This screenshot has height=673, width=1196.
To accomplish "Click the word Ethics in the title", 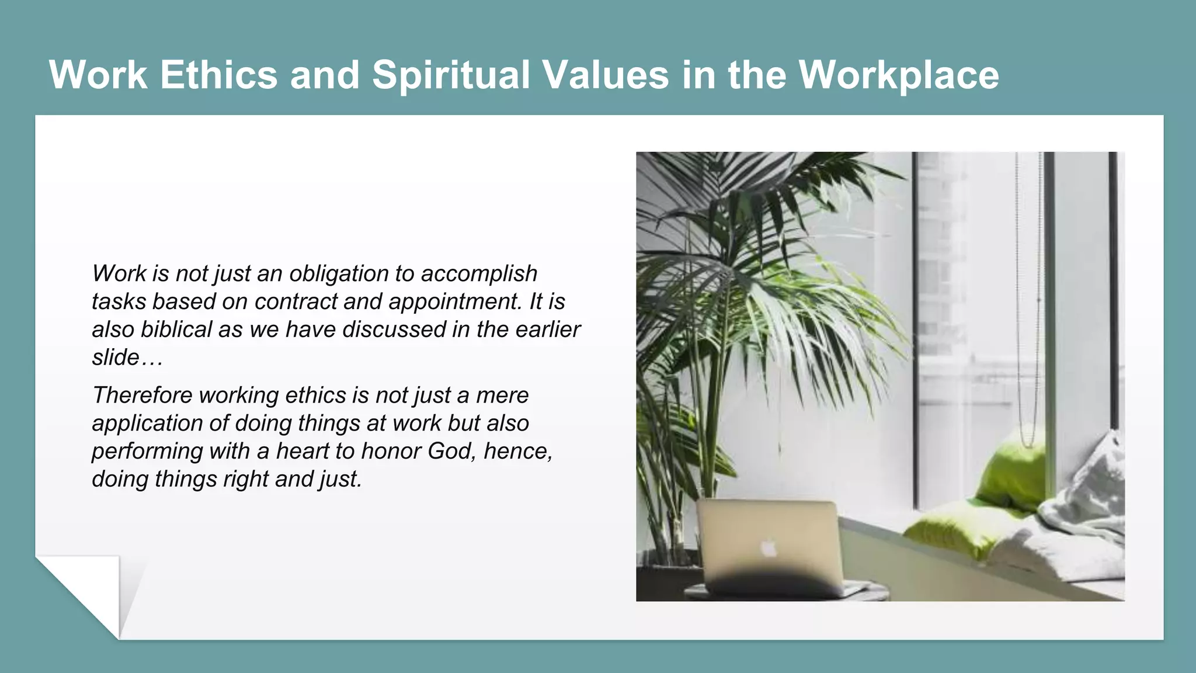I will pos(218,75).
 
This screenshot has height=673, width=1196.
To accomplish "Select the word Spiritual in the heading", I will pos(450,75).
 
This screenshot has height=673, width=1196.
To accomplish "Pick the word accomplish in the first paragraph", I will pos(479,273).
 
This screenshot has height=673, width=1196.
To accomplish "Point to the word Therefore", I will pos(142,396).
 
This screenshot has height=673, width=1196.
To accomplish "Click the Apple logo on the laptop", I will pos(769,549).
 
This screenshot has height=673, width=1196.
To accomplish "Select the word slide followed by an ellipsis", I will pos(116,358).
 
